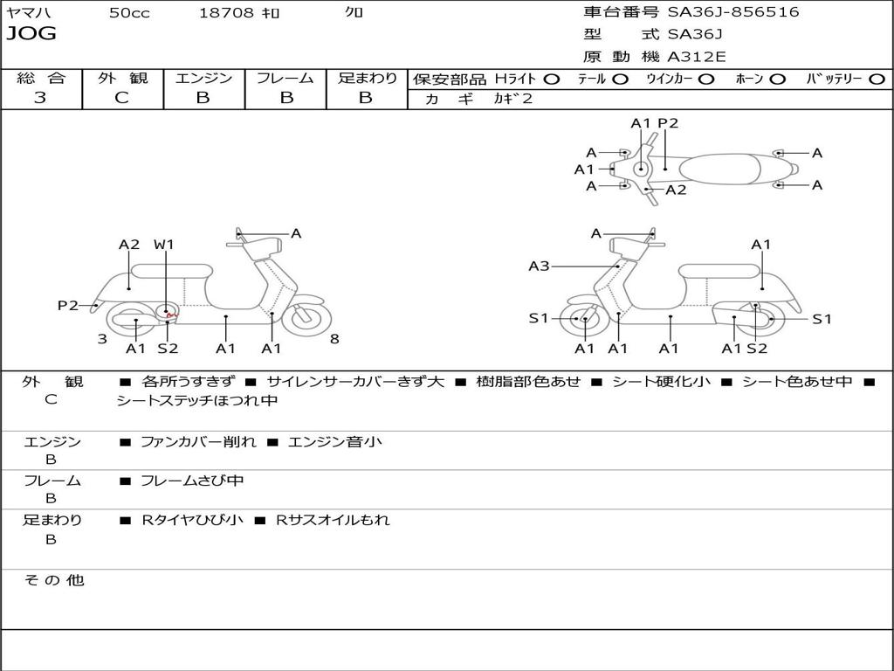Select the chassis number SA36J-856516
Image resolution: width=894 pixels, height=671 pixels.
coord(732,12)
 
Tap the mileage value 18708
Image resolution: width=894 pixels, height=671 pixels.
coord(226,13)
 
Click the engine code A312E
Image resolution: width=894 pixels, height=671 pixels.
coord(696,58)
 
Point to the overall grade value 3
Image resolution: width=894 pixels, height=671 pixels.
coord(40,98)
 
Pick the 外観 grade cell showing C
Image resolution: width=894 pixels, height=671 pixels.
coord(121,98)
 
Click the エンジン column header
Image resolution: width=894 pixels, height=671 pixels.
coord(203,78)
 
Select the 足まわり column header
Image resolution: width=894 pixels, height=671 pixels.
coord(367,78)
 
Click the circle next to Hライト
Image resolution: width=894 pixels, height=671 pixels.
coord(552,79)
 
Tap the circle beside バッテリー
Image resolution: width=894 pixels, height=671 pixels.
coord(877,79)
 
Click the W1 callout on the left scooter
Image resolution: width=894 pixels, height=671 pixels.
coord(164,245)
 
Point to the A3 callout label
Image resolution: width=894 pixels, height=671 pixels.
coord(539,266)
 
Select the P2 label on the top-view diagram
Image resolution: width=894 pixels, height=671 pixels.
coord(668,123)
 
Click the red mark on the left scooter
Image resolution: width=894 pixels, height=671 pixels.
coord(172,312)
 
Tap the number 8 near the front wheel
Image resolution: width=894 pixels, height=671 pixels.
coord(334,339)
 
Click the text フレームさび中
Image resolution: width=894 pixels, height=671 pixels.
coord(192,481)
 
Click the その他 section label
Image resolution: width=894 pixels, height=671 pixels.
coord(54,580)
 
